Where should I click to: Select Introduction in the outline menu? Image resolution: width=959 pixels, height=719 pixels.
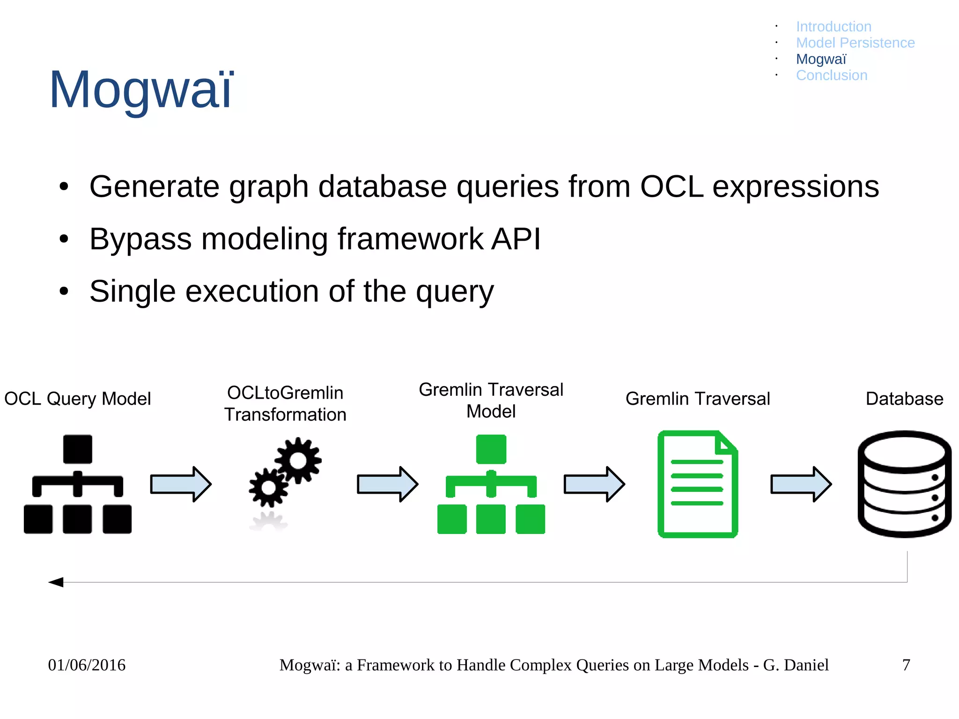pyautogui.click(x=834, y=27)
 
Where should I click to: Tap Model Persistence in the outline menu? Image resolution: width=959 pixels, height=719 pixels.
pyautogui.click(x=855, y=43)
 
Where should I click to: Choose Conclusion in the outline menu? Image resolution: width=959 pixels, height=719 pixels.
pyautogui.click(x=832, y=75)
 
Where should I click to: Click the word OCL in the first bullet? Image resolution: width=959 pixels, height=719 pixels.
pyautogui.click(x=671, y=187)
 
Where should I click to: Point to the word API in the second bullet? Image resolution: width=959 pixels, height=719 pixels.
pyautogui.click(x=516, y=239)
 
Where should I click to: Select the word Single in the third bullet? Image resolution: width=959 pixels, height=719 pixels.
pyautogui.click(x=133, y=292)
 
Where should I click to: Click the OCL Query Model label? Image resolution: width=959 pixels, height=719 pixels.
pyautogui.click(x=77, y=399)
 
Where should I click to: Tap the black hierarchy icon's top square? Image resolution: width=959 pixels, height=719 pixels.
pyautogui.click(x=78, y=449)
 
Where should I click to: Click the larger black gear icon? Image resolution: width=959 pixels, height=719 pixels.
pyautogui.click(x=298, y=461)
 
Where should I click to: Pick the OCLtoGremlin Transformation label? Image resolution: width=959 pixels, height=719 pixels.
pyautogui.click(x=285, y=404)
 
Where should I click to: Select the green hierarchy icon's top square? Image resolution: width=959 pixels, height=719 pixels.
pyautogui.click(x=491, y=449)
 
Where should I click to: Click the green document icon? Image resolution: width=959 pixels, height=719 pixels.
pyautogui.click(x=697, y=484)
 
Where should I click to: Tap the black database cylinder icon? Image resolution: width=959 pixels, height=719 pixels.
pyautogui.click(x=904, y=484)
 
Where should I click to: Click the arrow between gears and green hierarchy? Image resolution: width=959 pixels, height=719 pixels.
pyautogui.click(x=387, y=484)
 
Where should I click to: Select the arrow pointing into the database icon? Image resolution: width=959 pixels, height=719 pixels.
pyautogui.click(x=801, y=484)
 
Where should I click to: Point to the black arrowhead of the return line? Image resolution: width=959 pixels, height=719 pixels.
pyautogui.click(x=56, y=582)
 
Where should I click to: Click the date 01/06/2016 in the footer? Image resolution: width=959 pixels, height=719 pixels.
pyautogui.click(x=87, y=665)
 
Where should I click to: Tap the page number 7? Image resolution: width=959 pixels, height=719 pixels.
pyautogui.click(x=906, y=665)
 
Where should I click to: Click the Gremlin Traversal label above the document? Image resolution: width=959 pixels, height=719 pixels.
pyautogui.click(x=697, y=399)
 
